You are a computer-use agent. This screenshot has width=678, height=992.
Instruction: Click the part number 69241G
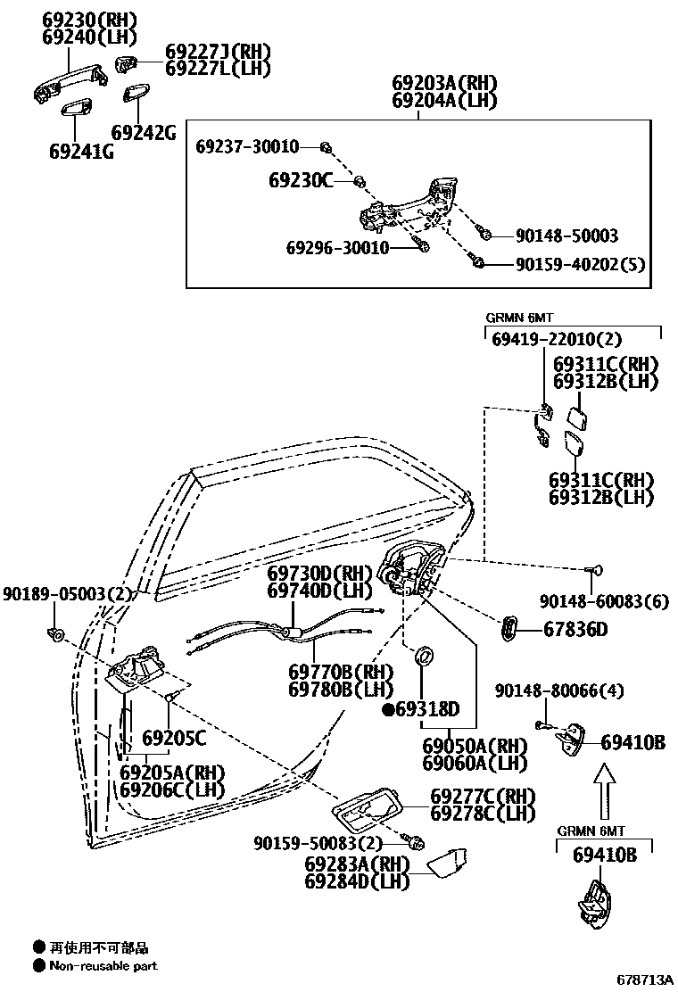81,151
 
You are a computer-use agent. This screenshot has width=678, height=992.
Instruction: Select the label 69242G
144,133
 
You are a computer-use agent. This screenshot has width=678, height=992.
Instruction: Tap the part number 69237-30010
247,146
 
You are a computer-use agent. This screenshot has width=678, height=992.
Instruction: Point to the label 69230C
300,181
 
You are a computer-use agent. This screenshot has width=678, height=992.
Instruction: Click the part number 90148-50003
566,236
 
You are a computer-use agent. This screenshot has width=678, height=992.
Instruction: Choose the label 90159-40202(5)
580,264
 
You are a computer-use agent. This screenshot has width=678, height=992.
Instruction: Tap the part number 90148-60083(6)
603,602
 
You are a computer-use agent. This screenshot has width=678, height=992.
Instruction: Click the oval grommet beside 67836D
508,628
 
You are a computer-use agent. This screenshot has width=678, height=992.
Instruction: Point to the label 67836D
575,630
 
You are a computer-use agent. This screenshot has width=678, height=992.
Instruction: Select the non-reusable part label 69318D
426,710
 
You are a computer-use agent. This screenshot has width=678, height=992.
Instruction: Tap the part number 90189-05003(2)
67,594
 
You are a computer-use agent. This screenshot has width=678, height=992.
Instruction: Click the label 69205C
174,738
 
